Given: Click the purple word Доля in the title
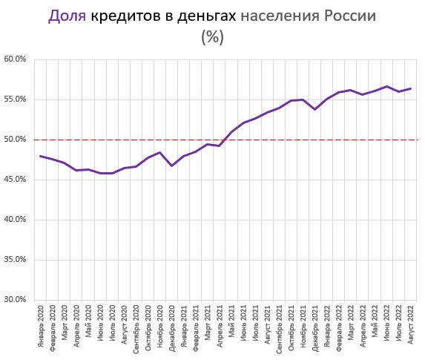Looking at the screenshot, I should tap(67, 16).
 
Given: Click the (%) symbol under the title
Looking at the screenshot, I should tap(212, 37).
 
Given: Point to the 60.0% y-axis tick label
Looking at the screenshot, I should tap(15, 59).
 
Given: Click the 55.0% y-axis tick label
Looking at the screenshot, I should tap(15, 99).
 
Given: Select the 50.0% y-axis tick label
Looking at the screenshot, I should tap(15, 140).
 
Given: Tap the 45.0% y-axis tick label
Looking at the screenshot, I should tap(15, 180).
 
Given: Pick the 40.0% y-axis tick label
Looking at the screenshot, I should tap(15, 220).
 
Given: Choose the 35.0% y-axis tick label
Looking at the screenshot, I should tap(15, 260).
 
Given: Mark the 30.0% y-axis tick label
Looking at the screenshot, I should tap(15, 300).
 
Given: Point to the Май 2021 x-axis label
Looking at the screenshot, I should tap(231, 331).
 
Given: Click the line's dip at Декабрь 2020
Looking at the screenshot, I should tap(172, 166).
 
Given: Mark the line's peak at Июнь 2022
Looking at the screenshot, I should tap(386, 86).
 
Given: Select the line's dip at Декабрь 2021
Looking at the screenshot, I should tap(315, 109).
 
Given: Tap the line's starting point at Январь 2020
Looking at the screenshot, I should tap(41, 156).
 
